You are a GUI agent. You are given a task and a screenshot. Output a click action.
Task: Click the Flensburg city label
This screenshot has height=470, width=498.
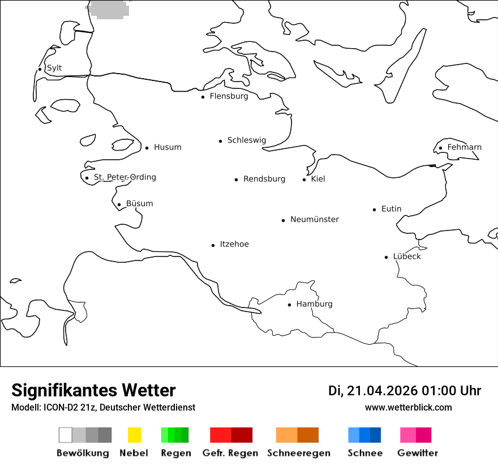[x=229, y=96]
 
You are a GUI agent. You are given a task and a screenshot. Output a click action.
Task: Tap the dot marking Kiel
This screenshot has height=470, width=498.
[x=304, y=180]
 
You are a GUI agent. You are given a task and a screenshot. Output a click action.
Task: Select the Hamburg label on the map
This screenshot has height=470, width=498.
[x=314, y=304]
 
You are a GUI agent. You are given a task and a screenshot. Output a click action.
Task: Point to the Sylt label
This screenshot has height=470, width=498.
[x=54, y=68]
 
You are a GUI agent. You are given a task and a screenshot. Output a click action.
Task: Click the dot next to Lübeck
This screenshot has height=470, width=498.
[x=386, y=257]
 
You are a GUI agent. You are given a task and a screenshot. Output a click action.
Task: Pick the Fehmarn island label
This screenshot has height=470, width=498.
[x=464, y=147]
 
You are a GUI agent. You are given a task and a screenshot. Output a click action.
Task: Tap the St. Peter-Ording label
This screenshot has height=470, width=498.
[x=124, y=177]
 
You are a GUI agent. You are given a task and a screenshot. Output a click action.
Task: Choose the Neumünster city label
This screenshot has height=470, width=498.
[x=315, y=219]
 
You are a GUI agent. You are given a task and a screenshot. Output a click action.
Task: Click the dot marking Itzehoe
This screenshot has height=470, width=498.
[x=213, y=245]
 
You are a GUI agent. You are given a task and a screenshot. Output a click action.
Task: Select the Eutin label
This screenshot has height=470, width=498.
[x=391, y=209]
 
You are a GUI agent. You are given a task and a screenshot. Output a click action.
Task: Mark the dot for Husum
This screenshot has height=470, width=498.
[x=147, y=148]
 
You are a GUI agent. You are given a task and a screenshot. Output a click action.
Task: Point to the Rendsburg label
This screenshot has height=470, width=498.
[x=264, y=179]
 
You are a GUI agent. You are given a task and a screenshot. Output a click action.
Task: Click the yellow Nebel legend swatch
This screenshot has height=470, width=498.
[x=134, y=435]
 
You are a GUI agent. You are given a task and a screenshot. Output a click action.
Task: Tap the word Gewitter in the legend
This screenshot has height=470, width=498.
[x=418, y=453]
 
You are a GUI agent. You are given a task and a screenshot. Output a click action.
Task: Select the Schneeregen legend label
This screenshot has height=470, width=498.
[x=299, y=453]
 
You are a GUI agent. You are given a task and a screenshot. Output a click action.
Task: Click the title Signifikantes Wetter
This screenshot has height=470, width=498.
[x=93, y=391]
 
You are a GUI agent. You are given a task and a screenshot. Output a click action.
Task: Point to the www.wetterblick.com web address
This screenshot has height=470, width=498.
[x=409, y=407]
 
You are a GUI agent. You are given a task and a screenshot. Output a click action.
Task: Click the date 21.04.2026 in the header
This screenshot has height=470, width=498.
[x=383, y=391]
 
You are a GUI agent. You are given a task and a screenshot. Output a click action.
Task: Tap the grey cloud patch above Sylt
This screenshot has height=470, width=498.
[x=109, y=9]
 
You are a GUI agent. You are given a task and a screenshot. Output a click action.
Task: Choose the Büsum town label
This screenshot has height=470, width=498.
[x=139, y=204]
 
